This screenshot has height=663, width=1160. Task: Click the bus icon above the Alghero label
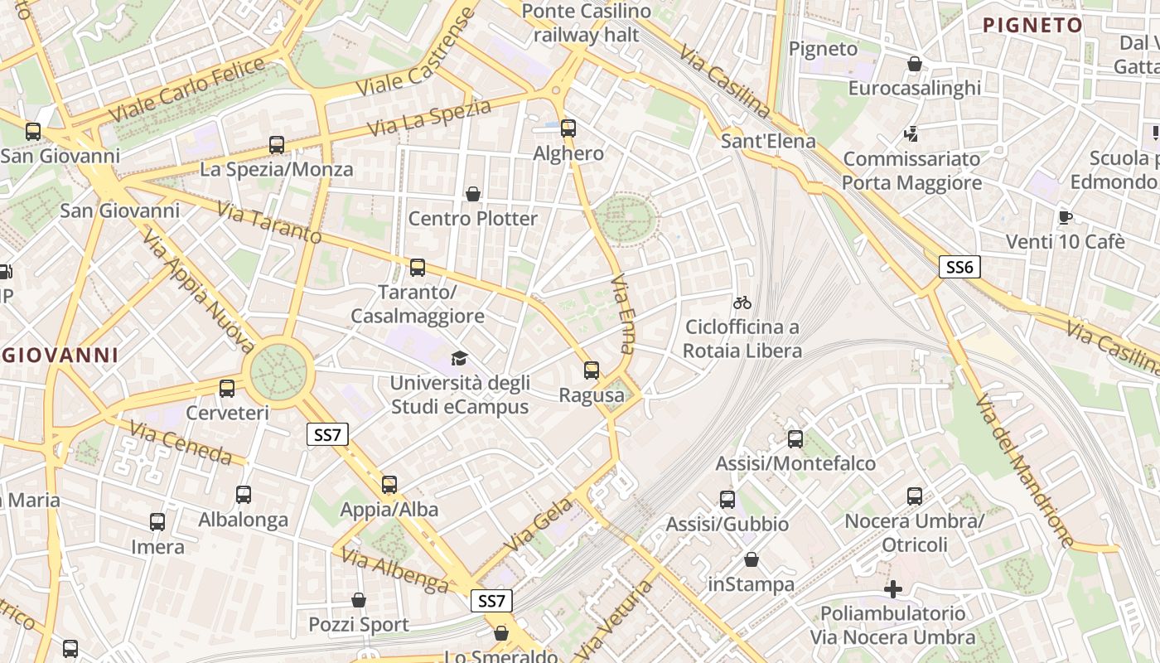click(568, 128)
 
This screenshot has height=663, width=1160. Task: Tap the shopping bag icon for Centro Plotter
click(473, 194)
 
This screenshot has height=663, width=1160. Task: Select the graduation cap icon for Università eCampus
click(459, 358)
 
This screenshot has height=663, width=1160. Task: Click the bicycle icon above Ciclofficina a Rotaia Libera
click(742, 302)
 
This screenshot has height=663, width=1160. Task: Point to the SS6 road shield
click(960, 267)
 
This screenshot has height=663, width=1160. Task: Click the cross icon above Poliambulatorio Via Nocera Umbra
click(893, 589)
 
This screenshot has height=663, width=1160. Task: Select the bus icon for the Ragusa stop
click(592, 370)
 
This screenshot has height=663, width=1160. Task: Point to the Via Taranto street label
click(269, 222)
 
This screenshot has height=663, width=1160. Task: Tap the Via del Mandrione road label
click(1024, 471)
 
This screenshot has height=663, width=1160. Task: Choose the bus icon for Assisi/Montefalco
click(795, 439)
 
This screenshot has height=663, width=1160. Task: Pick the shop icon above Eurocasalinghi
click(915, 64)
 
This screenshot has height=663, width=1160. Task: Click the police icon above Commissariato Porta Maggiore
click(911, 133)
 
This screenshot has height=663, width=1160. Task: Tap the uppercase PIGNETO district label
click(1032, 25)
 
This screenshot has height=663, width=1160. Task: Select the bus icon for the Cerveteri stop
click(227, 388)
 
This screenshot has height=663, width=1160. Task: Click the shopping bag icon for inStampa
click(752, 560)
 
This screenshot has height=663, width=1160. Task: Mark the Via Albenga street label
click(394, 572)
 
